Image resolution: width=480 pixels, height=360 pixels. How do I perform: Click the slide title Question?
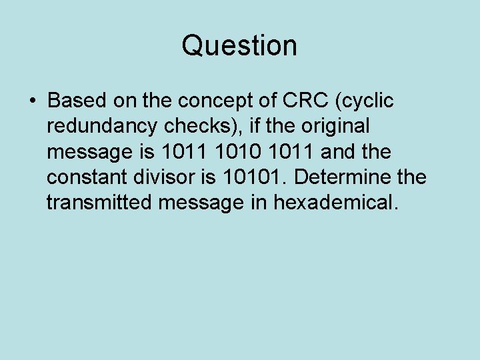tap(239, 46)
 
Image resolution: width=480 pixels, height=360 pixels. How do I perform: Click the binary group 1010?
tap(234, 151)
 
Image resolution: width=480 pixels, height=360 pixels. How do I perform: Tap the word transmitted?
tap(100, 202)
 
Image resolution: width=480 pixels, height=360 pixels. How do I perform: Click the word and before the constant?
tap(338, 151)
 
